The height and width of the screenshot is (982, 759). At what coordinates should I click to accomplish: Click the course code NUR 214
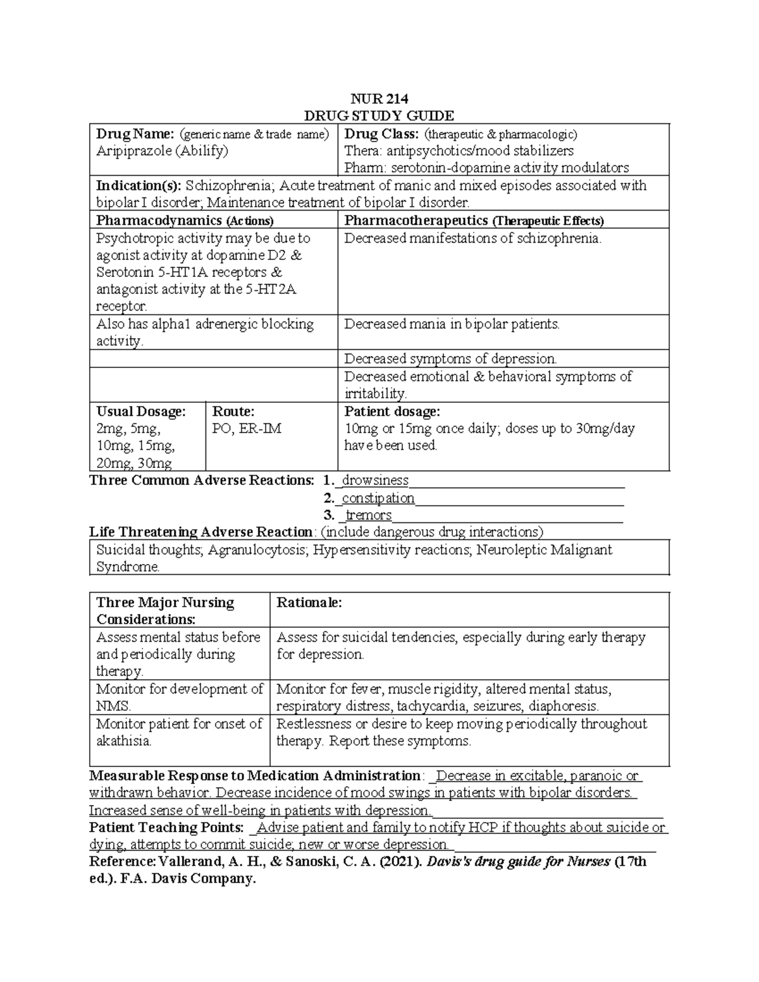coord(379,99)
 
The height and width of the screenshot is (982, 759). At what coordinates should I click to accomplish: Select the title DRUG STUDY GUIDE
coord(379,116)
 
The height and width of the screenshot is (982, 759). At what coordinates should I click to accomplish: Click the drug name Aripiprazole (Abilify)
coord(162,150)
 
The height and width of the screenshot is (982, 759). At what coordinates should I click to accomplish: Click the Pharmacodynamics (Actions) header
coord(185,221)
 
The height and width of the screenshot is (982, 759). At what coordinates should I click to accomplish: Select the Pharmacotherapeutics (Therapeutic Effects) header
coord(474,221)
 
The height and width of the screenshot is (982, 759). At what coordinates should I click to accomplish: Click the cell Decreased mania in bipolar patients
coord(452,324)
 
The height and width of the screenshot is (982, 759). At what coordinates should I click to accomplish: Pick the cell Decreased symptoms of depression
coord(450,359)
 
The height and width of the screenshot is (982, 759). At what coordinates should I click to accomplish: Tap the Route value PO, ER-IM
coord(247,429)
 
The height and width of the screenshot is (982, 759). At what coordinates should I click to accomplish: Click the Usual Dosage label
coord(141,412)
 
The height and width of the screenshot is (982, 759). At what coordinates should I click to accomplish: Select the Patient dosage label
coord(392,412)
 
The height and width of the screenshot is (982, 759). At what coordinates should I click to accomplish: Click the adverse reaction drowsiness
coord(375,481)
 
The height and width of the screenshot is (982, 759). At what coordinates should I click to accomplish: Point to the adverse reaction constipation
coord(378,498)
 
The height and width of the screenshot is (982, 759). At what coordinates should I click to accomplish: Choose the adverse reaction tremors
coord(368,515)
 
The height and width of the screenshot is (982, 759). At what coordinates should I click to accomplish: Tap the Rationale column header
coord(309,603)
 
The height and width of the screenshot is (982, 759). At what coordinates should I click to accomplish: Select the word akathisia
coord(123,741)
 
